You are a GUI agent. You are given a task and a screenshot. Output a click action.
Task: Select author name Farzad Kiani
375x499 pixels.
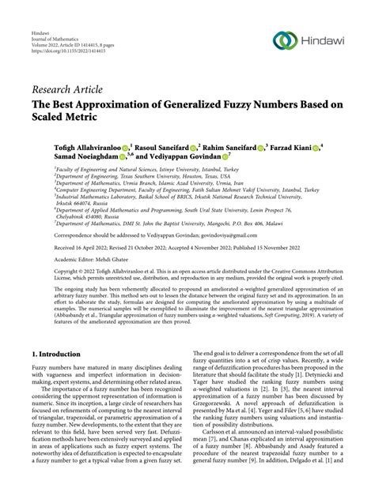click(x=287, y=147)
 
